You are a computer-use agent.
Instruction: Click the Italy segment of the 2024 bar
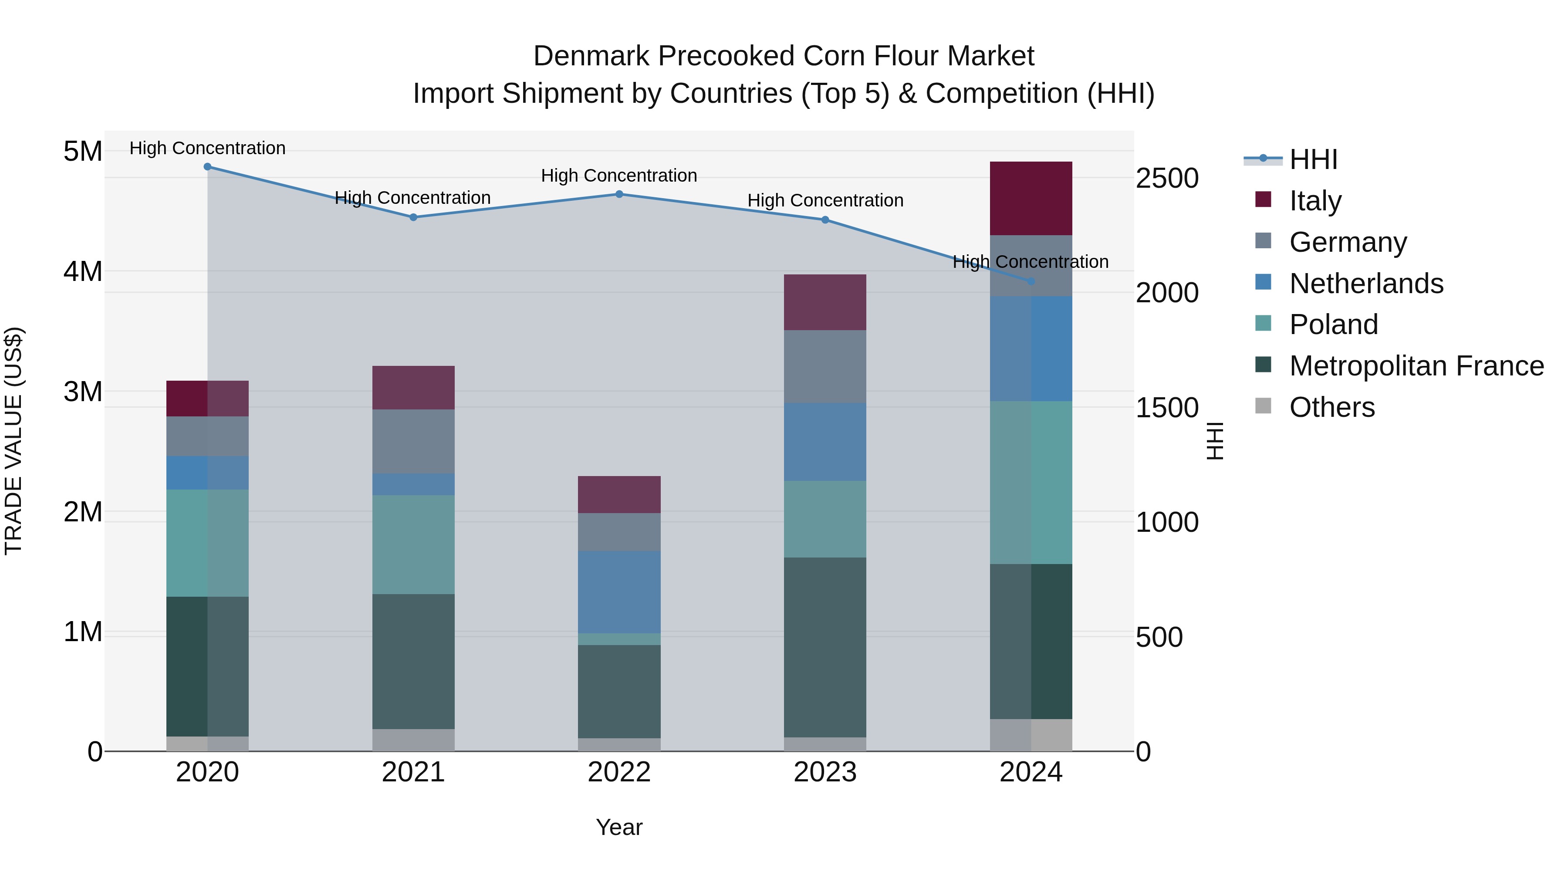1031,199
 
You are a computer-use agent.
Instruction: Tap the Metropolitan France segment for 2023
825,647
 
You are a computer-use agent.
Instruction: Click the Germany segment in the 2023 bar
825,366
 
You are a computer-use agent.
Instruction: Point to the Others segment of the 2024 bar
1031,735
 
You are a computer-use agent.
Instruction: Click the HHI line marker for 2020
208,166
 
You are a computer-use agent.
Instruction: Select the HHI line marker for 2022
619,194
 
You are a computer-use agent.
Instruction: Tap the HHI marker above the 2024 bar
1031,281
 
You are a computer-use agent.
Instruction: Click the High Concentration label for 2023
825,200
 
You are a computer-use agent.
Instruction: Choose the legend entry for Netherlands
1365,284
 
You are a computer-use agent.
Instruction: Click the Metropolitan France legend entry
1416,366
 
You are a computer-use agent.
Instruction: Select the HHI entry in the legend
1313,159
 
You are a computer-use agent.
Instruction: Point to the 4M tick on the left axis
83,271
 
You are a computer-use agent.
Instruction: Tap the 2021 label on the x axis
413,772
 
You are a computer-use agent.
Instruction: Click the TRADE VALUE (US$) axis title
14,441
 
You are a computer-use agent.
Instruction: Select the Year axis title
619,827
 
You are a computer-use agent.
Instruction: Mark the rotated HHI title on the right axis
1214,441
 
